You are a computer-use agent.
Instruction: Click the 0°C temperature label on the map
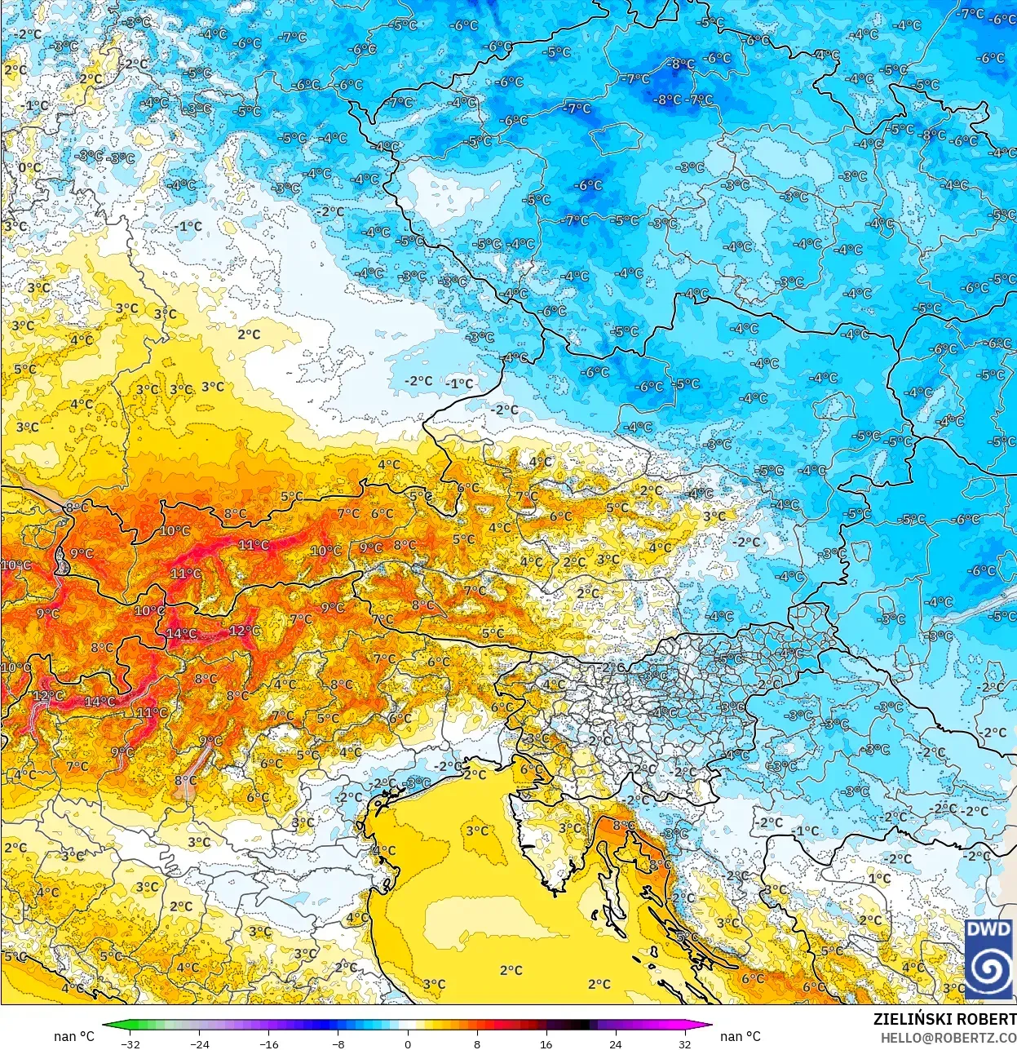click(x=29, y=167)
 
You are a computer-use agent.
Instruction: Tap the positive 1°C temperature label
click(x=879, y=878)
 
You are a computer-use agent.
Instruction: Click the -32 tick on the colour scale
click(x=130, y=1043)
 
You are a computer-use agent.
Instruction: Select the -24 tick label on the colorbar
click(x=199, y=1043)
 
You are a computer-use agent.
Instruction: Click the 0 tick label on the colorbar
click(x=408, y=1043)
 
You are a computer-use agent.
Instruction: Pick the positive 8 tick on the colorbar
click(x=477, y=1043)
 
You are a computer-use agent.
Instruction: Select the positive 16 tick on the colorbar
click(x=546, y=1043)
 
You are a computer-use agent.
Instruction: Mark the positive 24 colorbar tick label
click(x=615, y=1043)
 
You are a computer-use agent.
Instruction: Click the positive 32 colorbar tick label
click(x=684, y=1043)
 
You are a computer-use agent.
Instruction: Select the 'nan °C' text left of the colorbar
click(x=74, y=1036)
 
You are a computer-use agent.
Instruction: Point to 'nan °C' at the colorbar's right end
click(x=741, y=1036)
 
